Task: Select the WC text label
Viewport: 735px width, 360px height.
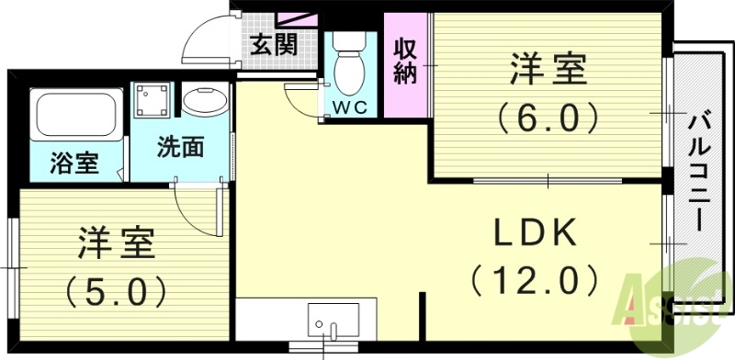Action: tap(349, 107)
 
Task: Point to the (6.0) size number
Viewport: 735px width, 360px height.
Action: tap(548, 117)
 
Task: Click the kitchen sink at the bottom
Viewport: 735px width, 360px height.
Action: tap(330, 326)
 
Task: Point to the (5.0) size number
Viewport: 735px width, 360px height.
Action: tap(116, 293)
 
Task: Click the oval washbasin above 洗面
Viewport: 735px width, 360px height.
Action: tap(204, 100)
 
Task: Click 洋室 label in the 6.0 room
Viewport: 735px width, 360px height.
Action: tap(548, 68)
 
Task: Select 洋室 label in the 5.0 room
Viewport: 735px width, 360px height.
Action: tap(116, 245)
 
